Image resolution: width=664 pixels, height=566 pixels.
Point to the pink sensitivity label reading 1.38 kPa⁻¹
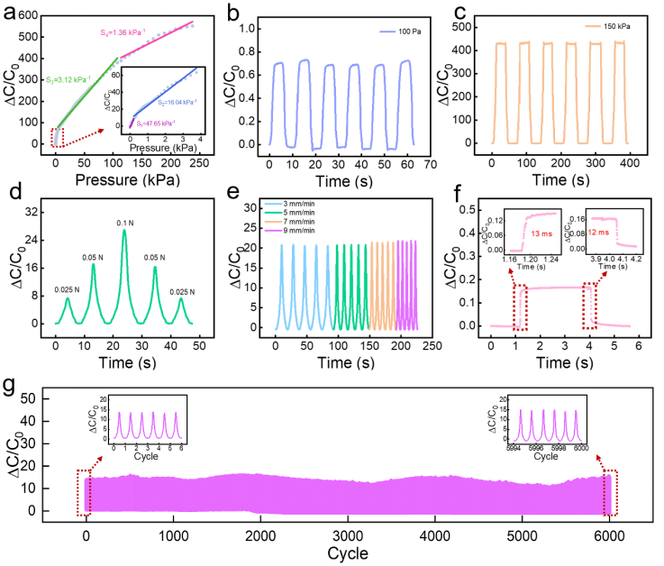coord(123,32)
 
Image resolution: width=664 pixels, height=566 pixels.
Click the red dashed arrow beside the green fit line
coord(82,134)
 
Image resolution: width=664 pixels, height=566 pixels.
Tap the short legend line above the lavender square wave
coord(387,32)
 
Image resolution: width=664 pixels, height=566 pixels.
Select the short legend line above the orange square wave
coord(592,26)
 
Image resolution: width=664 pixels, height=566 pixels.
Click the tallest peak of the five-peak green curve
coord(124,232)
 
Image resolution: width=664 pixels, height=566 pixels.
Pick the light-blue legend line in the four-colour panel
coord(273,204)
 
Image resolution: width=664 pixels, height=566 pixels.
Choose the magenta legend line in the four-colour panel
coord(273,231)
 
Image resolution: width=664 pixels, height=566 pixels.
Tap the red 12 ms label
coord(597,232)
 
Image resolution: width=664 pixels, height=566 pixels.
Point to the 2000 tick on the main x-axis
coord(260,534)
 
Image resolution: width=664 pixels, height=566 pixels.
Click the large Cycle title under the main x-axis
coord(347,552)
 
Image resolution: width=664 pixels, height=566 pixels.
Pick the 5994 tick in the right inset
coord(515,448)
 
